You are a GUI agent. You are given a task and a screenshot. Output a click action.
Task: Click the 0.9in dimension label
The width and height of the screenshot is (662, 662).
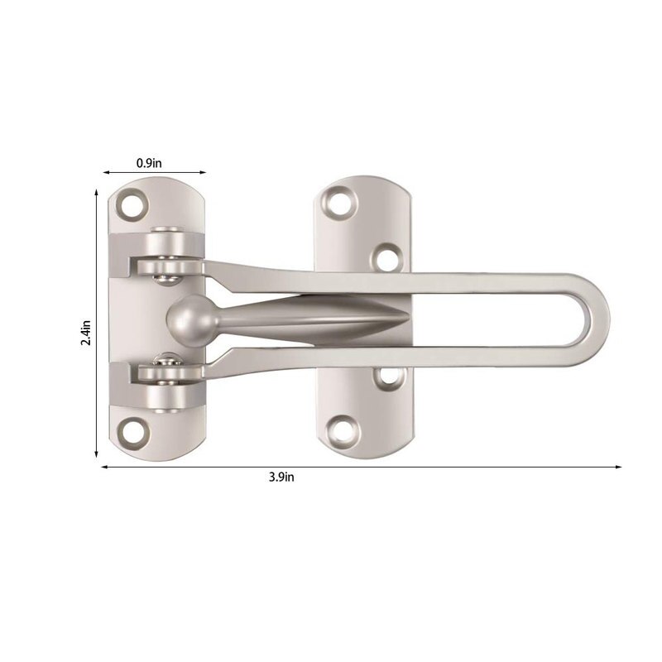150,163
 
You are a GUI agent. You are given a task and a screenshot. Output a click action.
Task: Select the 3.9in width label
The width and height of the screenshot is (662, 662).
282,477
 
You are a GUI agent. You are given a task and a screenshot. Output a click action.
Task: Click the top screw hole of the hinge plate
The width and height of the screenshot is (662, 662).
132,202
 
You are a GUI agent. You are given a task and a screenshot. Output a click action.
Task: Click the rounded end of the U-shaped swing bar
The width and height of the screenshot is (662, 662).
597,320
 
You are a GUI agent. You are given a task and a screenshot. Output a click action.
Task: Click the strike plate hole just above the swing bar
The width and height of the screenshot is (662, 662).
386,257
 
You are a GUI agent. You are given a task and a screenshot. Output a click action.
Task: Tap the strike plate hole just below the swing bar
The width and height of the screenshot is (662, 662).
386,377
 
